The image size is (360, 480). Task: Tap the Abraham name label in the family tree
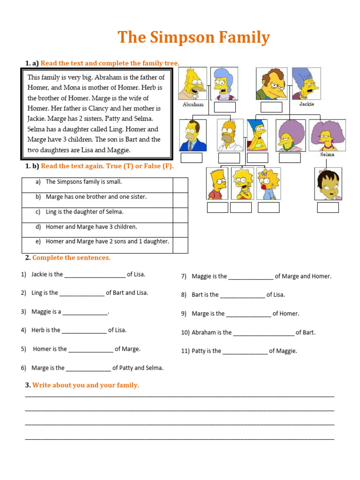coord(193,105)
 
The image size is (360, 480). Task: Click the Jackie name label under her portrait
coord(307,104)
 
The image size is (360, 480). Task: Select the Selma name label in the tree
coord(327,154)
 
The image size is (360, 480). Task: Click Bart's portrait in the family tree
coord(217,184)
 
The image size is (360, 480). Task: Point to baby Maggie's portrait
coord(269,184)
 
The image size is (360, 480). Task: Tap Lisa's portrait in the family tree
coord(242,184)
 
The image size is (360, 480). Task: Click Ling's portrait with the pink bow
coord(328,184)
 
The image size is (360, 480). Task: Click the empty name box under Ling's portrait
coord(328,207)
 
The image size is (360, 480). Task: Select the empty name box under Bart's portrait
coord(217,207)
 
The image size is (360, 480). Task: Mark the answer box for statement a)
coord(180,185)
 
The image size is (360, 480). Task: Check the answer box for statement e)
coord(180,245)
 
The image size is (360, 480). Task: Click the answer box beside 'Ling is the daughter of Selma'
coord(180,215)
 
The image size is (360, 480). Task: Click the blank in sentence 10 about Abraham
coord(263,333)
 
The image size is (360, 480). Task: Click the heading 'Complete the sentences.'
coord(71,258)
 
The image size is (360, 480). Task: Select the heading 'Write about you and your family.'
coord(85,385)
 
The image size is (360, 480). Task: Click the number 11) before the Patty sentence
coord(186,351)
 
